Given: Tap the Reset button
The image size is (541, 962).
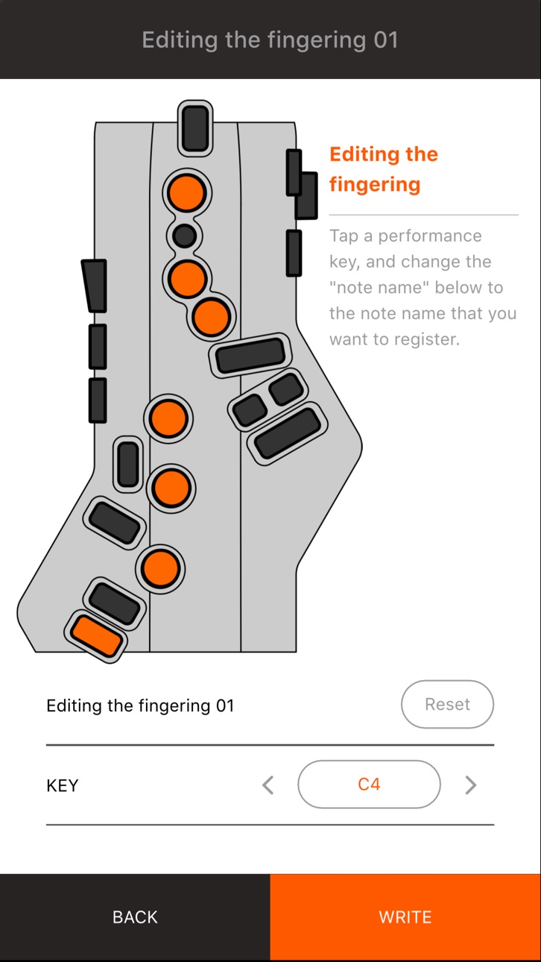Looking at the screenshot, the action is tap(447, 704).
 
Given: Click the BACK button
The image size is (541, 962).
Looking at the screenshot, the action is tap(135, 917).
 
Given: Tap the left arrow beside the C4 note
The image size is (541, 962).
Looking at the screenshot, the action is tap(268, 785).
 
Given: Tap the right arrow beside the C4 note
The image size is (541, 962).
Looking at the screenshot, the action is tap(471, 785).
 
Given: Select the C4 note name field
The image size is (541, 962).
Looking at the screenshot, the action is tap(369, 785).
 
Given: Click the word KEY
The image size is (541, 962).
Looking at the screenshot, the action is tap(63, 785).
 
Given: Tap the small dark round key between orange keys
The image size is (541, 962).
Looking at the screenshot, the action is tap(185, 236).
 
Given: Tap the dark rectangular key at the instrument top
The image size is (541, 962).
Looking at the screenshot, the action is tap(195, 128).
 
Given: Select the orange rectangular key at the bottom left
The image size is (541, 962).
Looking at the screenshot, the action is tap(96, 636).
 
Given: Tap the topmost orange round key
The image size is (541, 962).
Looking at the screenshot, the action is tap(186, 193).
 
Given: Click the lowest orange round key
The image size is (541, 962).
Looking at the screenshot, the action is tap(160, 568).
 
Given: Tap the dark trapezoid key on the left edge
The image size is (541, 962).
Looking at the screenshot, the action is tap(95, 286).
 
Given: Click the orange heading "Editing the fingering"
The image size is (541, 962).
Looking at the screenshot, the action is tap(384, 169).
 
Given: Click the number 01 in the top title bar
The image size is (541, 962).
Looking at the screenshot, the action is tap(386, 40).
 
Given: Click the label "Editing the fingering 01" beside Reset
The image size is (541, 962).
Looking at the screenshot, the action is tap(140, 705).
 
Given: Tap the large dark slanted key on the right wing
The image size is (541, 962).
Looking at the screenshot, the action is tap(288, 433).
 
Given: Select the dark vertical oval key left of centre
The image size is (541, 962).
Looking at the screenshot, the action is tap(128, 465).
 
